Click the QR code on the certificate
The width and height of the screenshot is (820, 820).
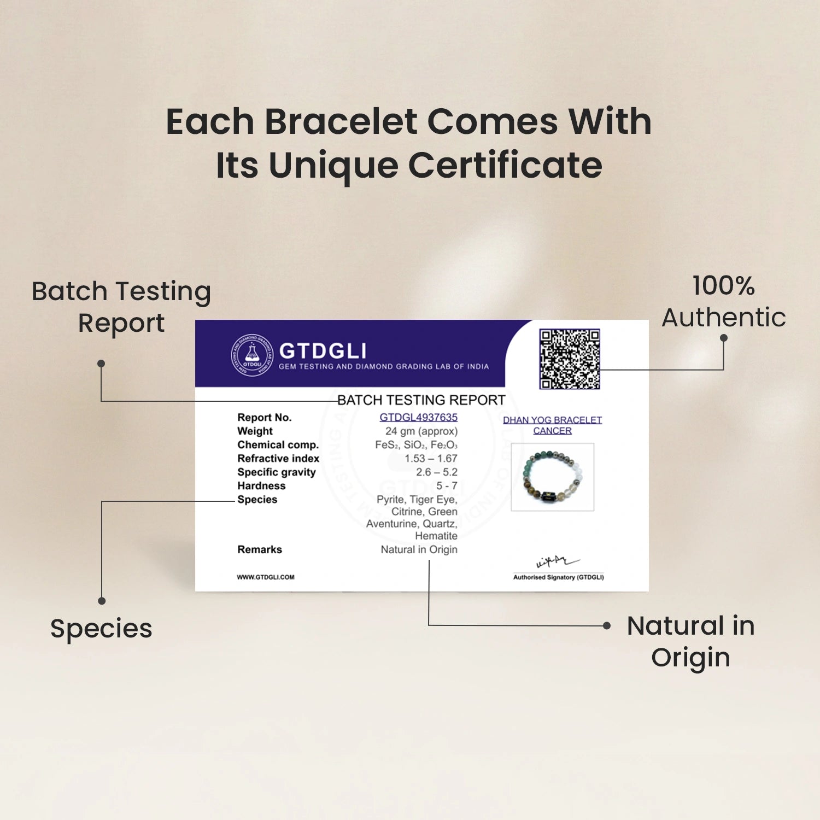569,359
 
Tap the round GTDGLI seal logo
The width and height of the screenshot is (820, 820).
252,355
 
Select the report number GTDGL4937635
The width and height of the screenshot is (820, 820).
419,417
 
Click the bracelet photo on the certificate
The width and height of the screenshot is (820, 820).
552,477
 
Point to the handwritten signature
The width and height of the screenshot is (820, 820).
557,561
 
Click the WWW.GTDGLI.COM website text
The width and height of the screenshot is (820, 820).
266,577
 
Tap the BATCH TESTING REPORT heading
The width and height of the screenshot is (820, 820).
421,400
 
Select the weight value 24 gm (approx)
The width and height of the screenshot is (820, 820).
421,431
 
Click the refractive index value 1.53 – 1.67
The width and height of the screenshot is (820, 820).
431,459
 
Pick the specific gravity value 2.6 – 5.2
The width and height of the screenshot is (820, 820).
437,472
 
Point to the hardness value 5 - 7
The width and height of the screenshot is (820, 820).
447,486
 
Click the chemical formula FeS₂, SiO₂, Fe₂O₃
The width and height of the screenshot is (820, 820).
416,445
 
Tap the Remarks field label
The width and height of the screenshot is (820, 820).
260,549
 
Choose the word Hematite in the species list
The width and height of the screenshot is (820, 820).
436,536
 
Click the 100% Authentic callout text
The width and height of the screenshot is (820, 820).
724,302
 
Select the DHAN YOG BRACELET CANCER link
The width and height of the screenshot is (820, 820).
552,425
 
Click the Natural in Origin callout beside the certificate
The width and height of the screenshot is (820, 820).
691,642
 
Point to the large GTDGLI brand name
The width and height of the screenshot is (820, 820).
323,351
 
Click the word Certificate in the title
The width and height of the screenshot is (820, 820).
505,165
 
